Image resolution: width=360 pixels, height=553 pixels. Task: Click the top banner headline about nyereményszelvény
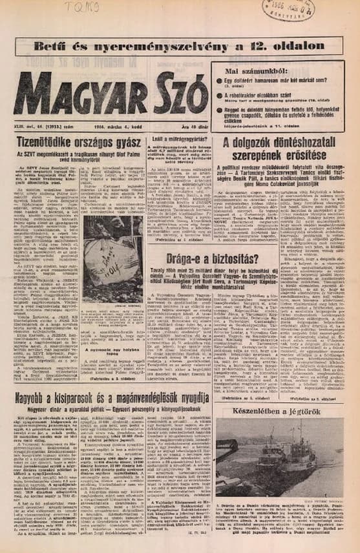point(180,45)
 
